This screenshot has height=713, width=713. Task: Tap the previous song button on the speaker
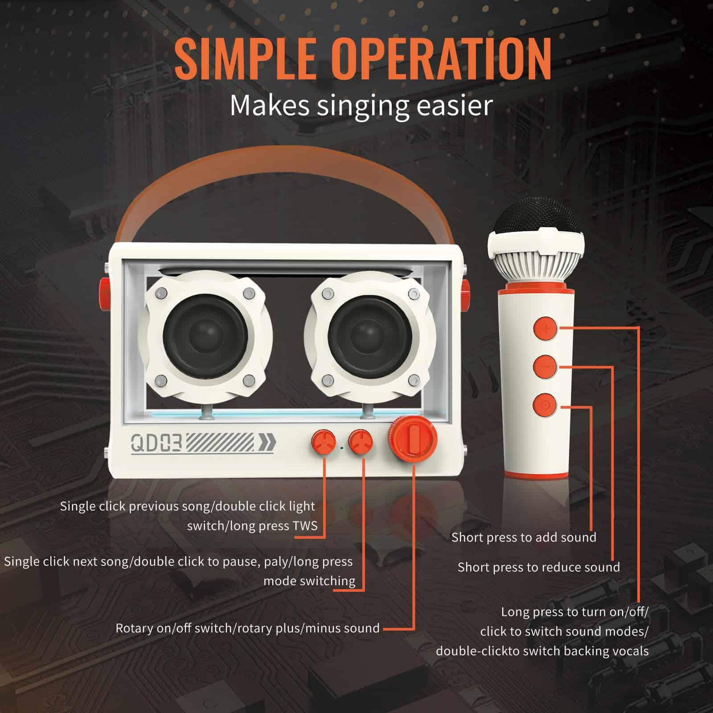click(324, 443)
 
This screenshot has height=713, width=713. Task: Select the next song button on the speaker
click(361, 443)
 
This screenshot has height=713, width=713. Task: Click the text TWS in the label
click(305, 526)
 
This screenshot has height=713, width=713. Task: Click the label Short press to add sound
click(524, 537)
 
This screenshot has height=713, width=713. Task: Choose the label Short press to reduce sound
click(539, 567)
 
